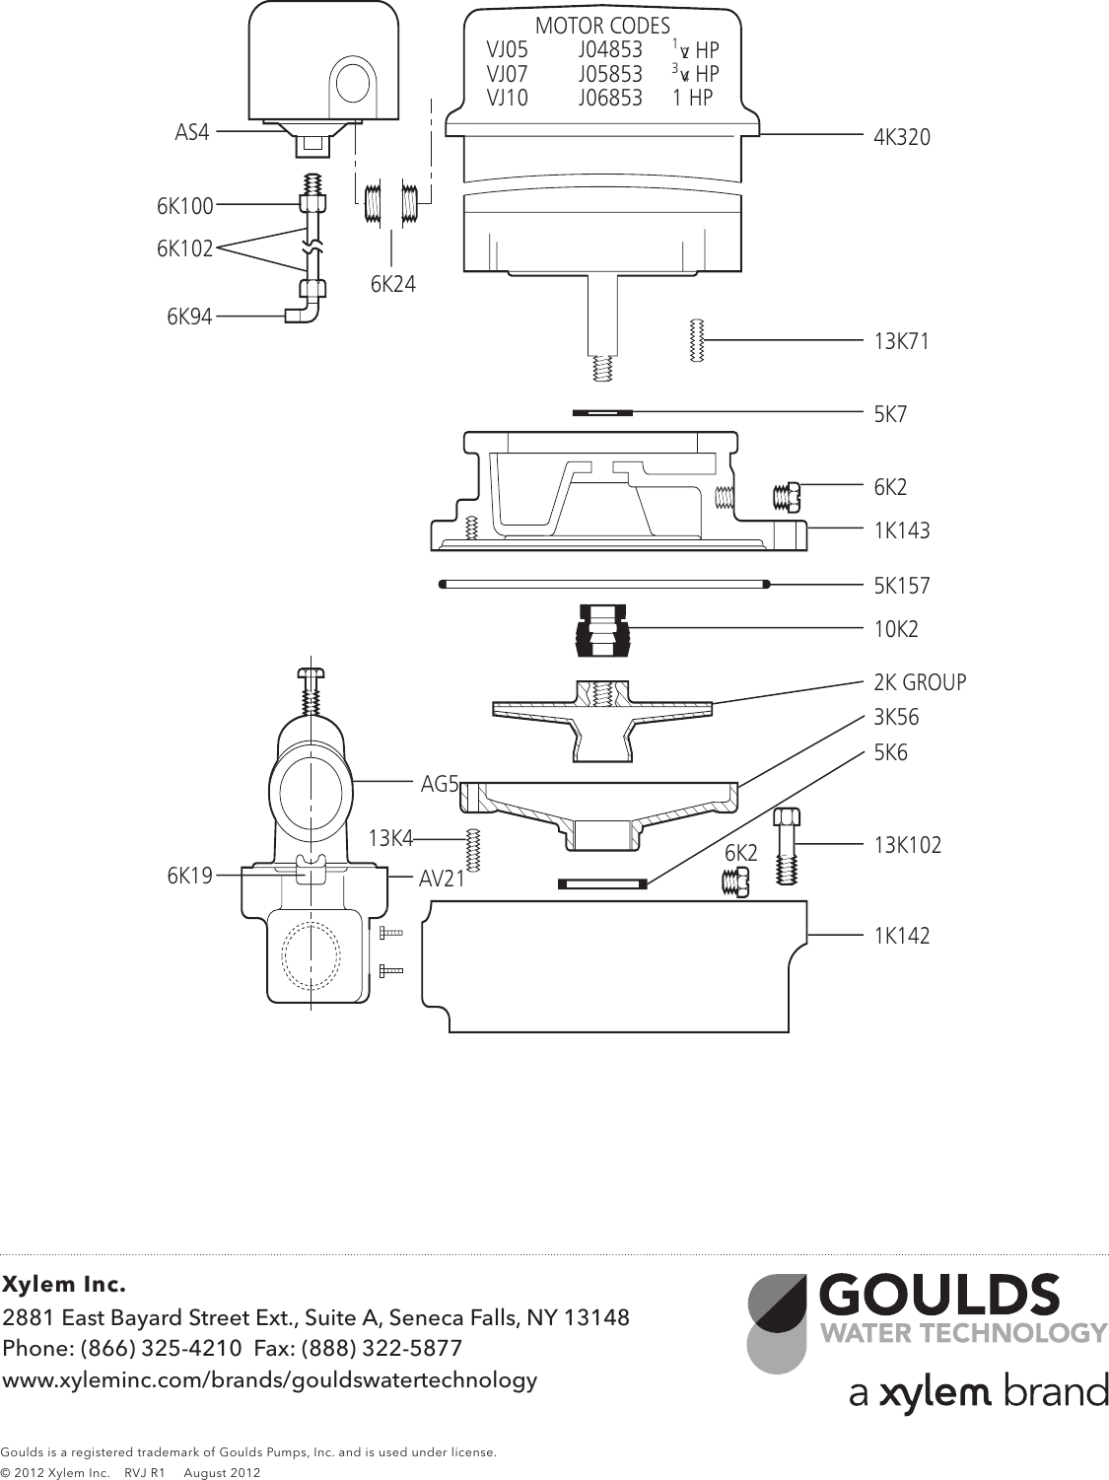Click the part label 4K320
pyautogui.click(x=901, y=138)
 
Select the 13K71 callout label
pyautogui.click(x=901, y=342)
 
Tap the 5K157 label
pyautogui.click(x=901, y=586)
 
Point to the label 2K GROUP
pyautogui.click(x=920, y=682)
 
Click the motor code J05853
pyautogui.click(x=610, y=74)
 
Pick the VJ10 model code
pyautogui.click(x=507, y=98)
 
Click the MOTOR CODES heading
pyautogui.click(x=602, y=27)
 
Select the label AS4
pyautogui.click(x=192, y=132)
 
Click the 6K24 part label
pyautogui.click(x=393, y=285)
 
